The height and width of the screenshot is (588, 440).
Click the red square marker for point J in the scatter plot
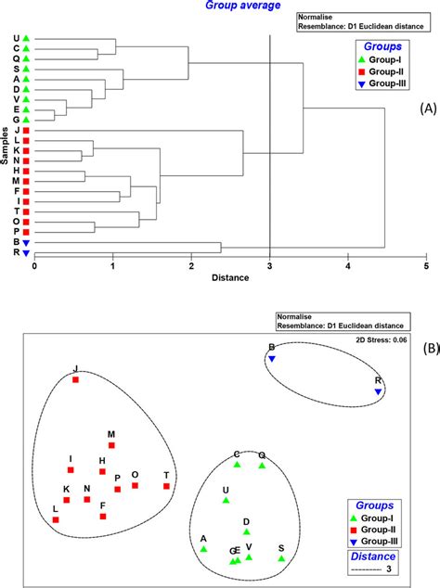76,379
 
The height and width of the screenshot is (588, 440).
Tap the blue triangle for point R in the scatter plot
378,392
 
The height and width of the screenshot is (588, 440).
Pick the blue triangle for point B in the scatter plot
272,359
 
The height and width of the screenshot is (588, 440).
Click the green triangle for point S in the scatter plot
281,559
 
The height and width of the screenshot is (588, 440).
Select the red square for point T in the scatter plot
166,485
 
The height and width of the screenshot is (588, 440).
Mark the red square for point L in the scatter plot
56,519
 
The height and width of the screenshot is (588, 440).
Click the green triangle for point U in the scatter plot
226,501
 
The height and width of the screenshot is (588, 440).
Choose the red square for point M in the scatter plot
111,445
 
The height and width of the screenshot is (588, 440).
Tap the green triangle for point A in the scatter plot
203,549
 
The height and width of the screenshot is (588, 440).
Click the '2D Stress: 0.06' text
381,339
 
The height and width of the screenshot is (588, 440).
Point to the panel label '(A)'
428,109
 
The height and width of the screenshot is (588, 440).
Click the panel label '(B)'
429,350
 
